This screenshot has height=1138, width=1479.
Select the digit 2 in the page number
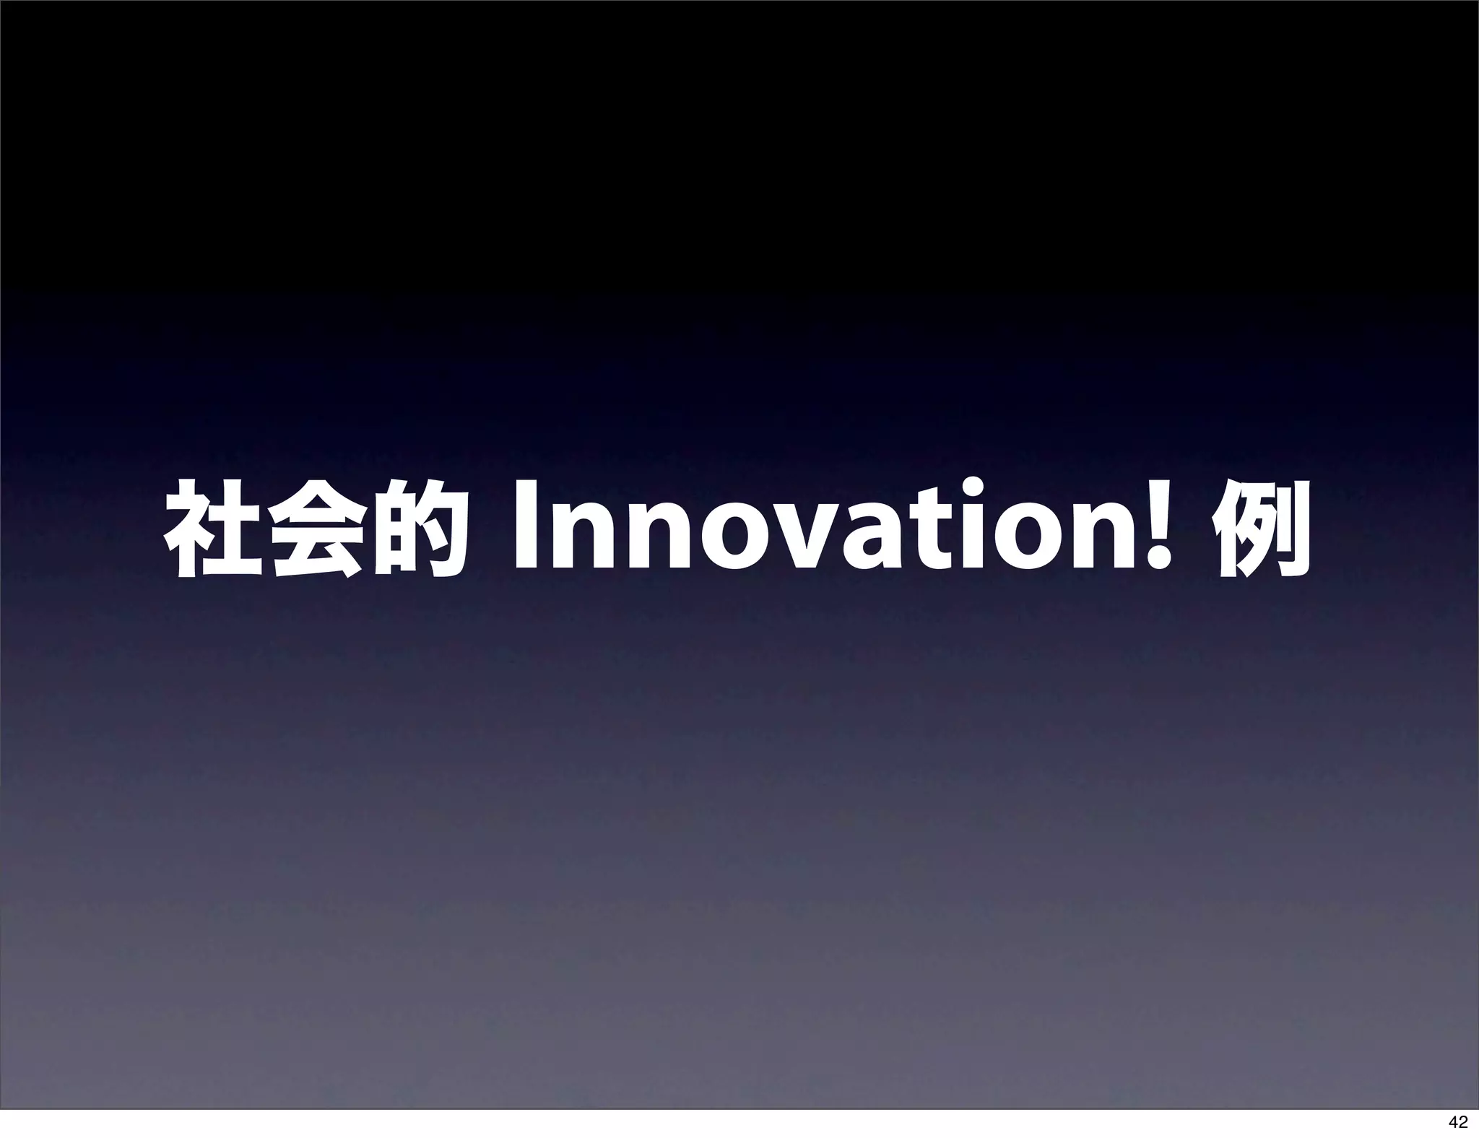point(1462,1121)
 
